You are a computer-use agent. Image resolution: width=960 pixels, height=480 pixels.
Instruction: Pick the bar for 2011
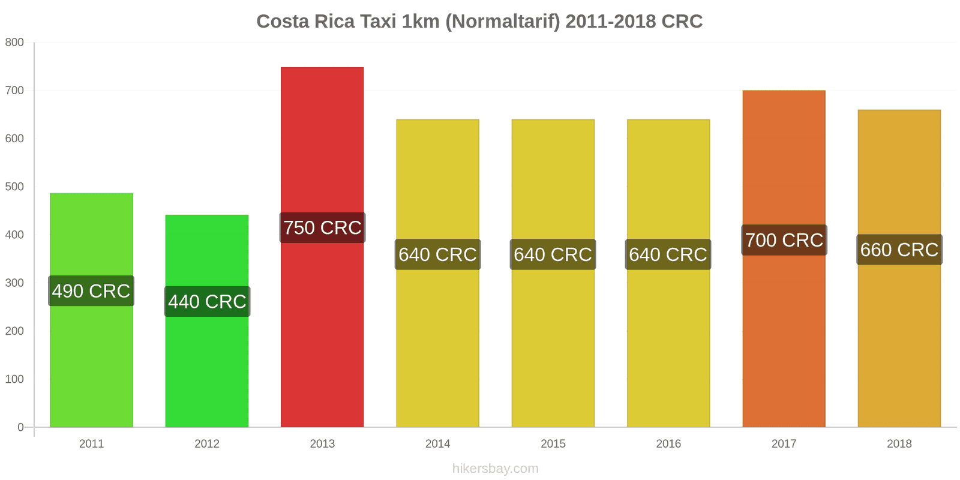91,360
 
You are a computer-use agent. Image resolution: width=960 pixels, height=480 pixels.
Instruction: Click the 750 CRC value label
322,228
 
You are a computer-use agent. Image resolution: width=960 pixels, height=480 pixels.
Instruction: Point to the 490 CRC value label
91,291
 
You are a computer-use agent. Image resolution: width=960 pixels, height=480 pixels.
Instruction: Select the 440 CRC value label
207,301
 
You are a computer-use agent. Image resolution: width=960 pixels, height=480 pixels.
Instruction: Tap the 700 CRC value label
784,240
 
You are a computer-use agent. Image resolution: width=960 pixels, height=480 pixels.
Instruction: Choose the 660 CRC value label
899,250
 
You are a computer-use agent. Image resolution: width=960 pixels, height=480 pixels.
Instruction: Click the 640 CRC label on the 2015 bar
553,254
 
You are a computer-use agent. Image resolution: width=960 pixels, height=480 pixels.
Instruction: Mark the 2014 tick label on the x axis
437,444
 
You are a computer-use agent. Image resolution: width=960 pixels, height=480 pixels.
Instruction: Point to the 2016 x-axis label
668,444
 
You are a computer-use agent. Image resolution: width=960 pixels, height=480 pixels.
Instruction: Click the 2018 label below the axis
899,444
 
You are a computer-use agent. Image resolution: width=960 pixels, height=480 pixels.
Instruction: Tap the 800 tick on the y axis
14,43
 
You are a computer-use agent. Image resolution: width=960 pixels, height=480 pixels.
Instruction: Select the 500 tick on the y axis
14,187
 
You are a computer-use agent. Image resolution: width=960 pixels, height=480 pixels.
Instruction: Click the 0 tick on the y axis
20,427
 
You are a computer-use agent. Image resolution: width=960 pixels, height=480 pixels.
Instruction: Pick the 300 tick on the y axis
14,283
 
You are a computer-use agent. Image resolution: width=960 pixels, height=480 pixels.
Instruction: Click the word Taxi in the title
377,22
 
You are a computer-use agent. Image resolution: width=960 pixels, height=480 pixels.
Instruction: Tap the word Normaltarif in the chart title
502,22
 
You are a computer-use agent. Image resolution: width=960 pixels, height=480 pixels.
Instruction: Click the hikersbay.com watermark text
495,469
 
